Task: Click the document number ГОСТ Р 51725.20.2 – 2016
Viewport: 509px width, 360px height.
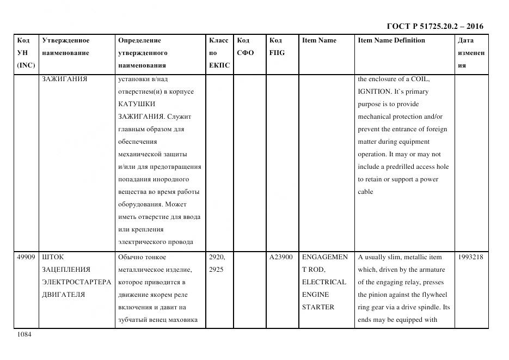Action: (434, 26)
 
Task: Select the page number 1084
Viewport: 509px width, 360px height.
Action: (24, 334)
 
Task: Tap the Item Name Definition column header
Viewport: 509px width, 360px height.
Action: (391, 40)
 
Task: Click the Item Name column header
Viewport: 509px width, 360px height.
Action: (319, 40)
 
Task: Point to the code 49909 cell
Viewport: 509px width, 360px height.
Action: (26, 257)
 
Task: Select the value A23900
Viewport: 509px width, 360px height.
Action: (281, 257)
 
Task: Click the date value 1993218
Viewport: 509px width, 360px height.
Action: (471, 257)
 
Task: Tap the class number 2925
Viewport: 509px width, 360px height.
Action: (216, 270)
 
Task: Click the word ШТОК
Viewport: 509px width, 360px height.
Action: (53, 257)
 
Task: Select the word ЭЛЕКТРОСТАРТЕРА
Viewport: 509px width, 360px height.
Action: (76, 282)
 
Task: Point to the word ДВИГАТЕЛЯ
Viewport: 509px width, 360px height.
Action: (63, 295)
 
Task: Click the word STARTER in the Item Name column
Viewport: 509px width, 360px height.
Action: (318, 307)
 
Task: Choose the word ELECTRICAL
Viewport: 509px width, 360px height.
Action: (324, 282)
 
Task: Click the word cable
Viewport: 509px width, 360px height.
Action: (365, 192)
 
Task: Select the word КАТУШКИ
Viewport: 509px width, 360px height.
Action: (137, 104)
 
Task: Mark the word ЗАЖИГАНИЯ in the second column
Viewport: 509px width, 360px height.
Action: (65, 79)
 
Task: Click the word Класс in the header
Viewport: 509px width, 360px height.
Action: (219, 40)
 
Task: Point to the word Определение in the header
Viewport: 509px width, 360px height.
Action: (139, 40)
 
